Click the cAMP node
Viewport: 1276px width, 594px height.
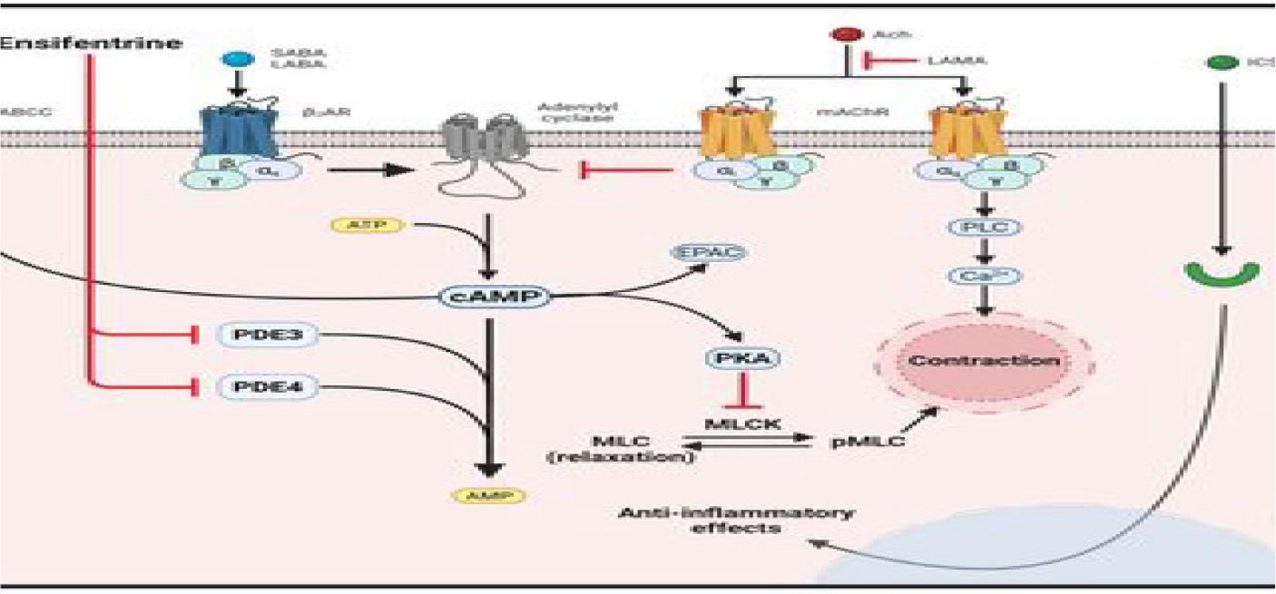pyautogui.click(x=489, y=296)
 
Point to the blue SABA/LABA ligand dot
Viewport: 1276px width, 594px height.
pyautogui.click(x=237, y=59)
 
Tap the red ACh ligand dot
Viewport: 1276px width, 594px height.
pyautogui.click(x=845, y=35)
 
